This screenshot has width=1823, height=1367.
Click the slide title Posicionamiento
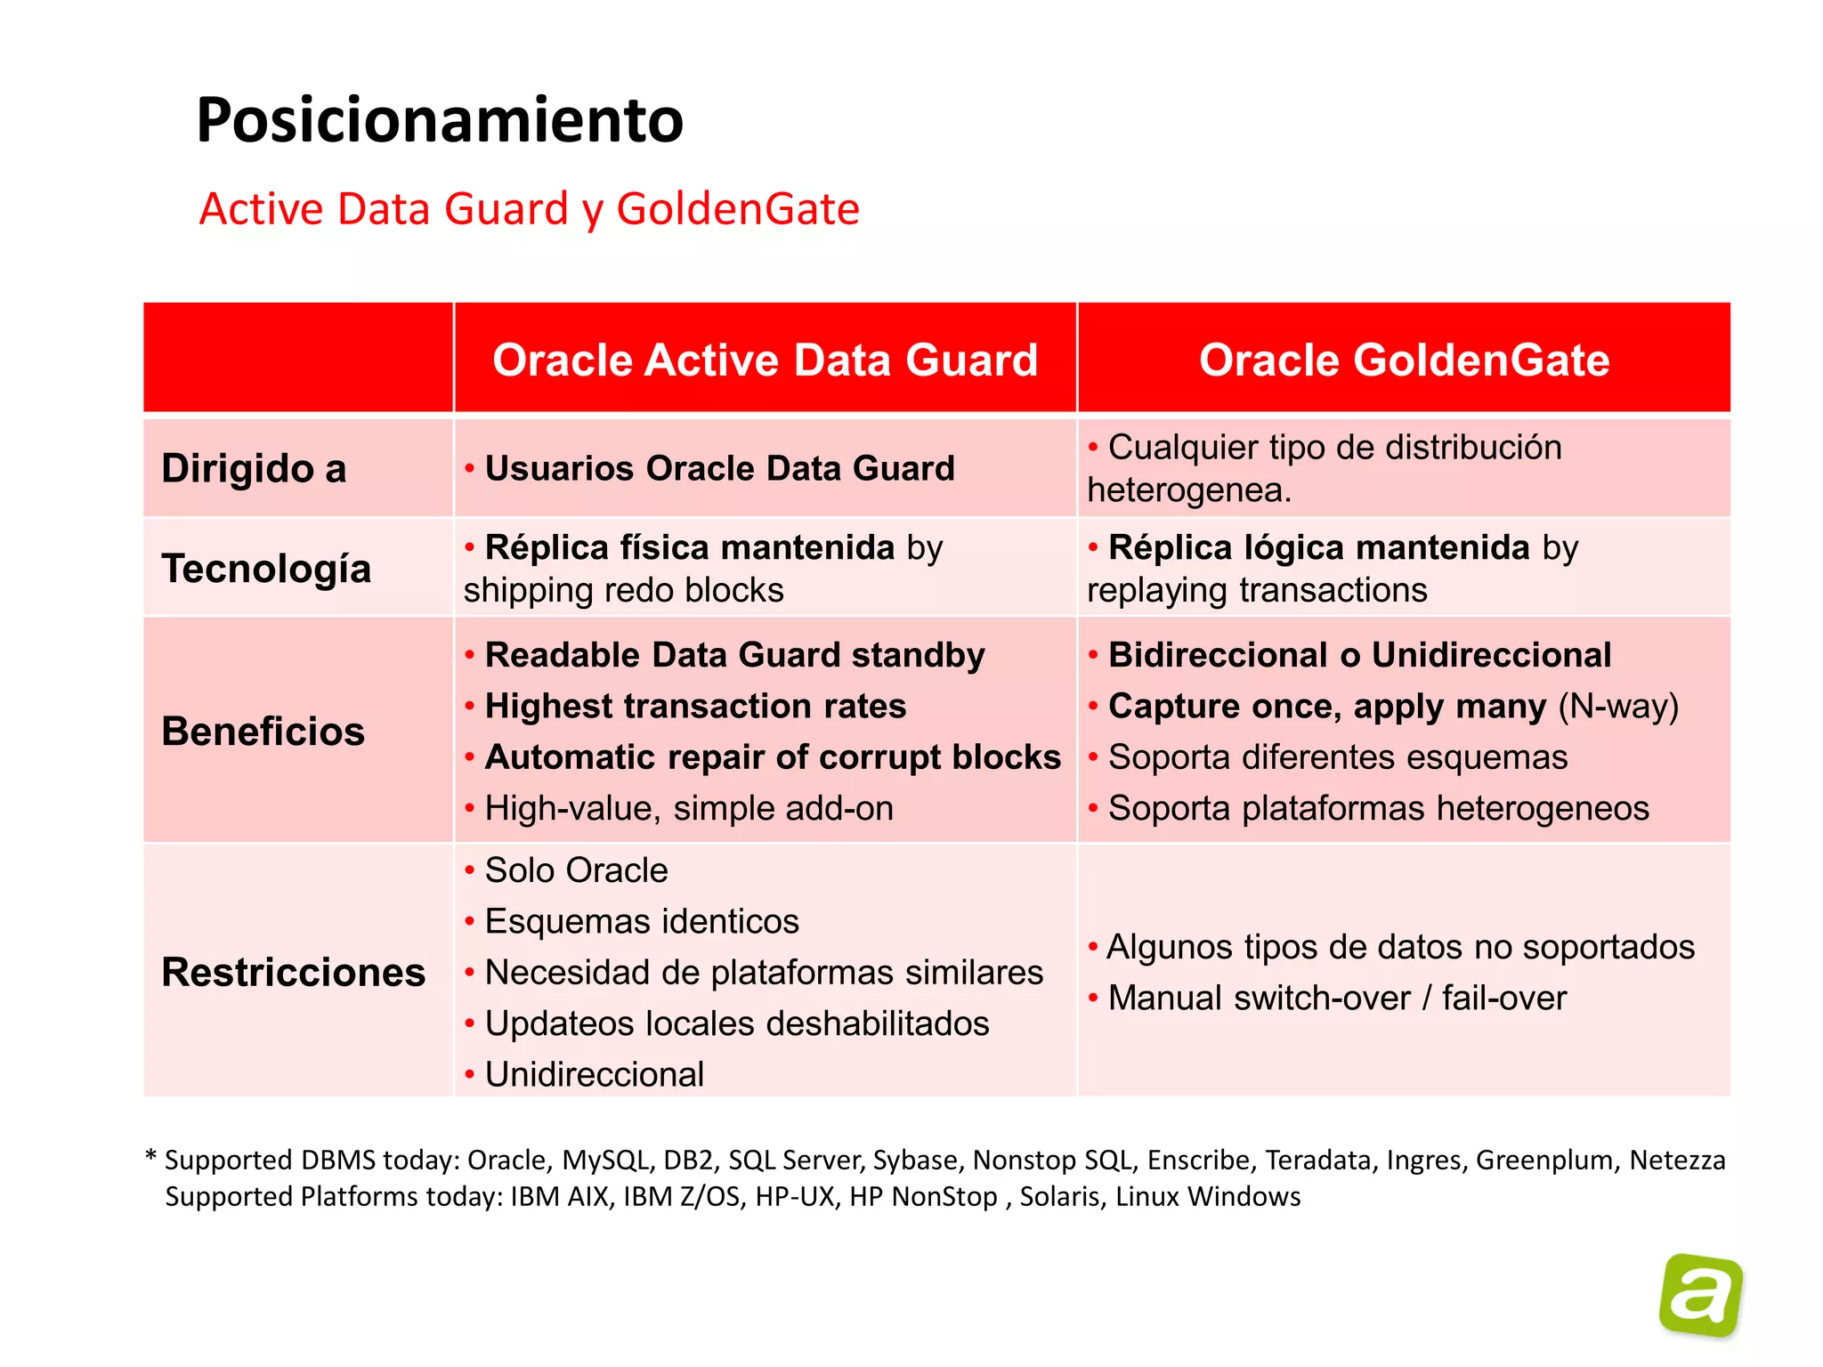click(440, 120)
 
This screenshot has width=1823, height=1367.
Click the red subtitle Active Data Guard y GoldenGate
click(529, 209)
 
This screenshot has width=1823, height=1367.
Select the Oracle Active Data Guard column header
click(765, 360)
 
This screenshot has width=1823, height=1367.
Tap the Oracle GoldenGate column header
click(1404, 360)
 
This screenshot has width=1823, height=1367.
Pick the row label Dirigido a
click(254, 468)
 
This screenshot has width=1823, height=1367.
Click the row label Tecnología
click(266, 568)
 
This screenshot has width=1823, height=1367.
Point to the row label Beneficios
click(263, 731)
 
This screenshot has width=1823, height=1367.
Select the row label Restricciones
click(293, 972)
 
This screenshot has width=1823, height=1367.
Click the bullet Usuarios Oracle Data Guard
click(718, 468)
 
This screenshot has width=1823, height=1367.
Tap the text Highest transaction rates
click(694, 706)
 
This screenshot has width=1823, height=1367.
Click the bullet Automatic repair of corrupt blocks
click(772, 756)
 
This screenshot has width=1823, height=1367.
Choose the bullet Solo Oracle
click(575, 870)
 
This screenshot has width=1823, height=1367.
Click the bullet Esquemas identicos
click(641, 921)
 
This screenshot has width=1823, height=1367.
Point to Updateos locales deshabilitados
click(736, 1023)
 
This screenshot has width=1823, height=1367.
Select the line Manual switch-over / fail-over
click(1336, 998)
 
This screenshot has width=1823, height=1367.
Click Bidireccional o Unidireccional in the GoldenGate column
click(1358, 655)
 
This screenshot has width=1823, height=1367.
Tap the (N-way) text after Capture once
click(1617, 706)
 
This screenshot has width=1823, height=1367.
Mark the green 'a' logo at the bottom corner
click(1700, 1296)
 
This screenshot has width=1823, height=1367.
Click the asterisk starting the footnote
click(150, 1156)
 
